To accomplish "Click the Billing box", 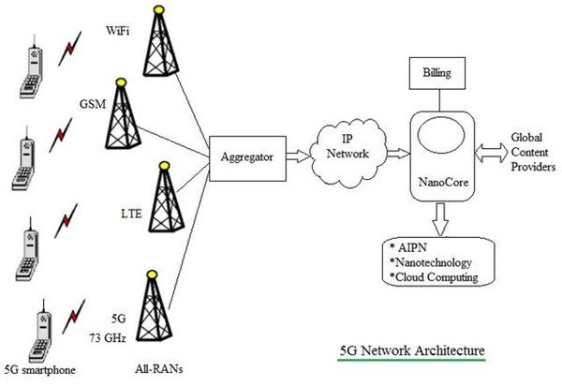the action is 437,73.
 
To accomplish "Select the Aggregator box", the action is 247,158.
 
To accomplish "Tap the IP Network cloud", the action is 348,153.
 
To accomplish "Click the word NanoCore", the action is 443,183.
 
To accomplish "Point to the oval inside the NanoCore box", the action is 441,136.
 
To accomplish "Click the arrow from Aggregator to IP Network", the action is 298,156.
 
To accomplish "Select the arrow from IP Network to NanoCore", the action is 399,154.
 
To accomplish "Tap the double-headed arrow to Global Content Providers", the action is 491,153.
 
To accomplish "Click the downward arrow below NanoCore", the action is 440,219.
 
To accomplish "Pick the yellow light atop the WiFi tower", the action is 159,9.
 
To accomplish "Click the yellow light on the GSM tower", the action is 121,82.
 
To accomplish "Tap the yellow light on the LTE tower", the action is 164,165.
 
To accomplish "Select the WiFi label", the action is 118,31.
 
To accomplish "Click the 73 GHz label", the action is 108,338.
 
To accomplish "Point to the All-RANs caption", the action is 159,369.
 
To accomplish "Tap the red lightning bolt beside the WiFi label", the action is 70,49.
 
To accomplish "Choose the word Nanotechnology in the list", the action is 434,262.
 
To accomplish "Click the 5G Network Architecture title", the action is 412,350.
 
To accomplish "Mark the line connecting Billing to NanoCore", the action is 439,100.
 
